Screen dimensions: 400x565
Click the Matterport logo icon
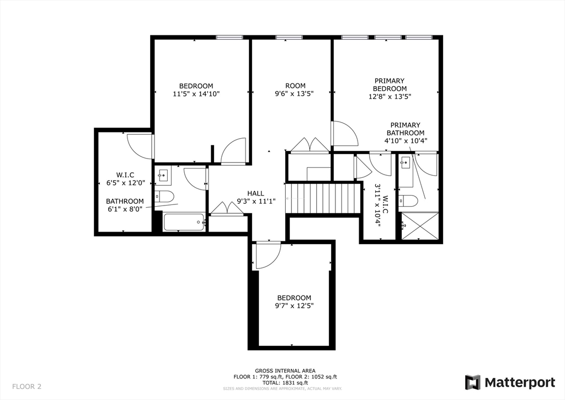472,382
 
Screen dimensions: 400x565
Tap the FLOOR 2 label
27,386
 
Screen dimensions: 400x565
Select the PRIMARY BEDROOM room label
390,85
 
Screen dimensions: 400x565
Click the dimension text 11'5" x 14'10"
196,94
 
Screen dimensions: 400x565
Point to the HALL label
255,193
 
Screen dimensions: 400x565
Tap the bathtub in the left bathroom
184,223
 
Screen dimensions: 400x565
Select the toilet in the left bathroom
164,196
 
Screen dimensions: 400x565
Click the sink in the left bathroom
163,176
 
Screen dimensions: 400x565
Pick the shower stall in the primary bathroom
419,226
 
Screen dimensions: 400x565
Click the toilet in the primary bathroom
409,200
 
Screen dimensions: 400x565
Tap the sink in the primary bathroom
406,162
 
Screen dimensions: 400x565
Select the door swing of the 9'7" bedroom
268,255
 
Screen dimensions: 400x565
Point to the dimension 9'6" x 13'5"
295,94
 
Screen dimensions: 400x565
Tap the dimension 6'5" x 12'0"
125,182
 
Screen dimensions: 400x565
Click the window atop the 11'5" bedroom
230,38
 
